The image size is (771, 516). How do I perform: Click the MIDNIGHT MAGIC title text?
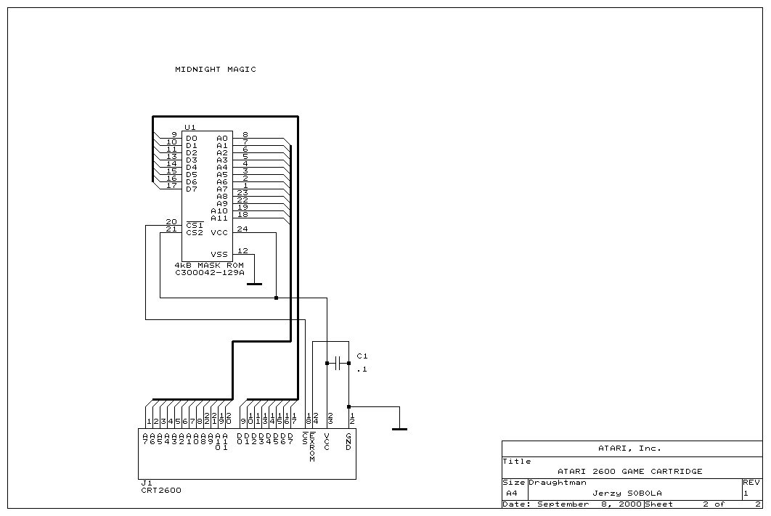(x=215, y=70)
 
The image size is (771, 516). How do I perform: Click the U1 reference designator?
(x=190, y=127)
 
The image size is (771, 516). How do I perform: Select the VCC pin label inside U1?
(x=219, y=233)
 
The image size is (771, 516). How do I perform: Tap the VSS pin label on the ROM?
(x=219, y=255)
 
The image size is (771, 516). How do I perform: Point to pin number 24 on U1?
(x=242, y=229)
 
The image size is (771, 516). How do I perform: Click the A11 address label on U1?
(x=219, y=218)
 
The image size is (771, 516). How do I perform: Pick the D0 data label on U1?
(x=192, y=139)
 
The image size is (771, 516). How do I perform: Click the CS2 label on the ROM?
(x=195, y=233)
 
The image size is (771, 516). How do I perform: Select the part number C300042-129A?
(x=210, y=273)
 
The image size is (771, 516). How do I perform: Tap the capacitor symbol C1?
(x=338, y=362)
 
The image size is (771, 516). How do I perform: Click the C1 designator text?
(x=362, y=356)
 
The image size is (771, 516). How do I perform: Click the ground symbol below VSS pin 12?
(x=254, y=284)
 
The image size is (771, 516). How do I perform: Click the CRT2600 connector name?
(x=160, y=490)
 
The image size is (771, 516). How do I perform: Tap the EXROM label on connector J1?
(x=313, y=448)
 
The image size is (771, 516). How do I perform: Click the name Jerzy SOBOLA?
(x=627, y=493)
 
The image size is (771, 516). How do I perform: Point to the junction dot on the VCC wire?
(x=276, y=298)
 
